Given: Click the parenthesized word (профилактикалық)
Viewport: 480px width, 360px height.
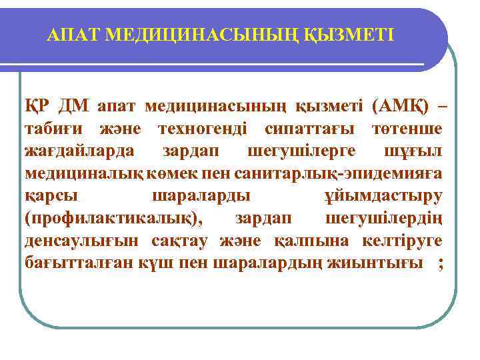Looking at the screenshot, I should tap(117, 218).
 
